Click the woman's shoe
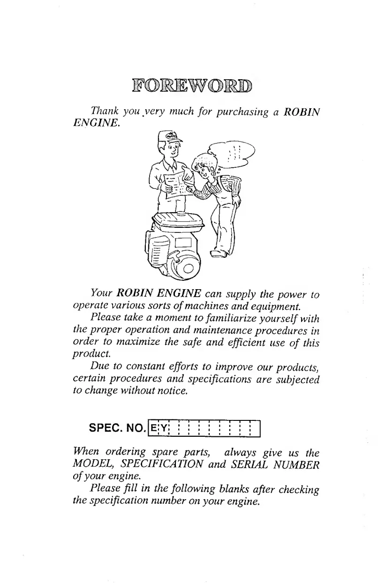219,254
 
